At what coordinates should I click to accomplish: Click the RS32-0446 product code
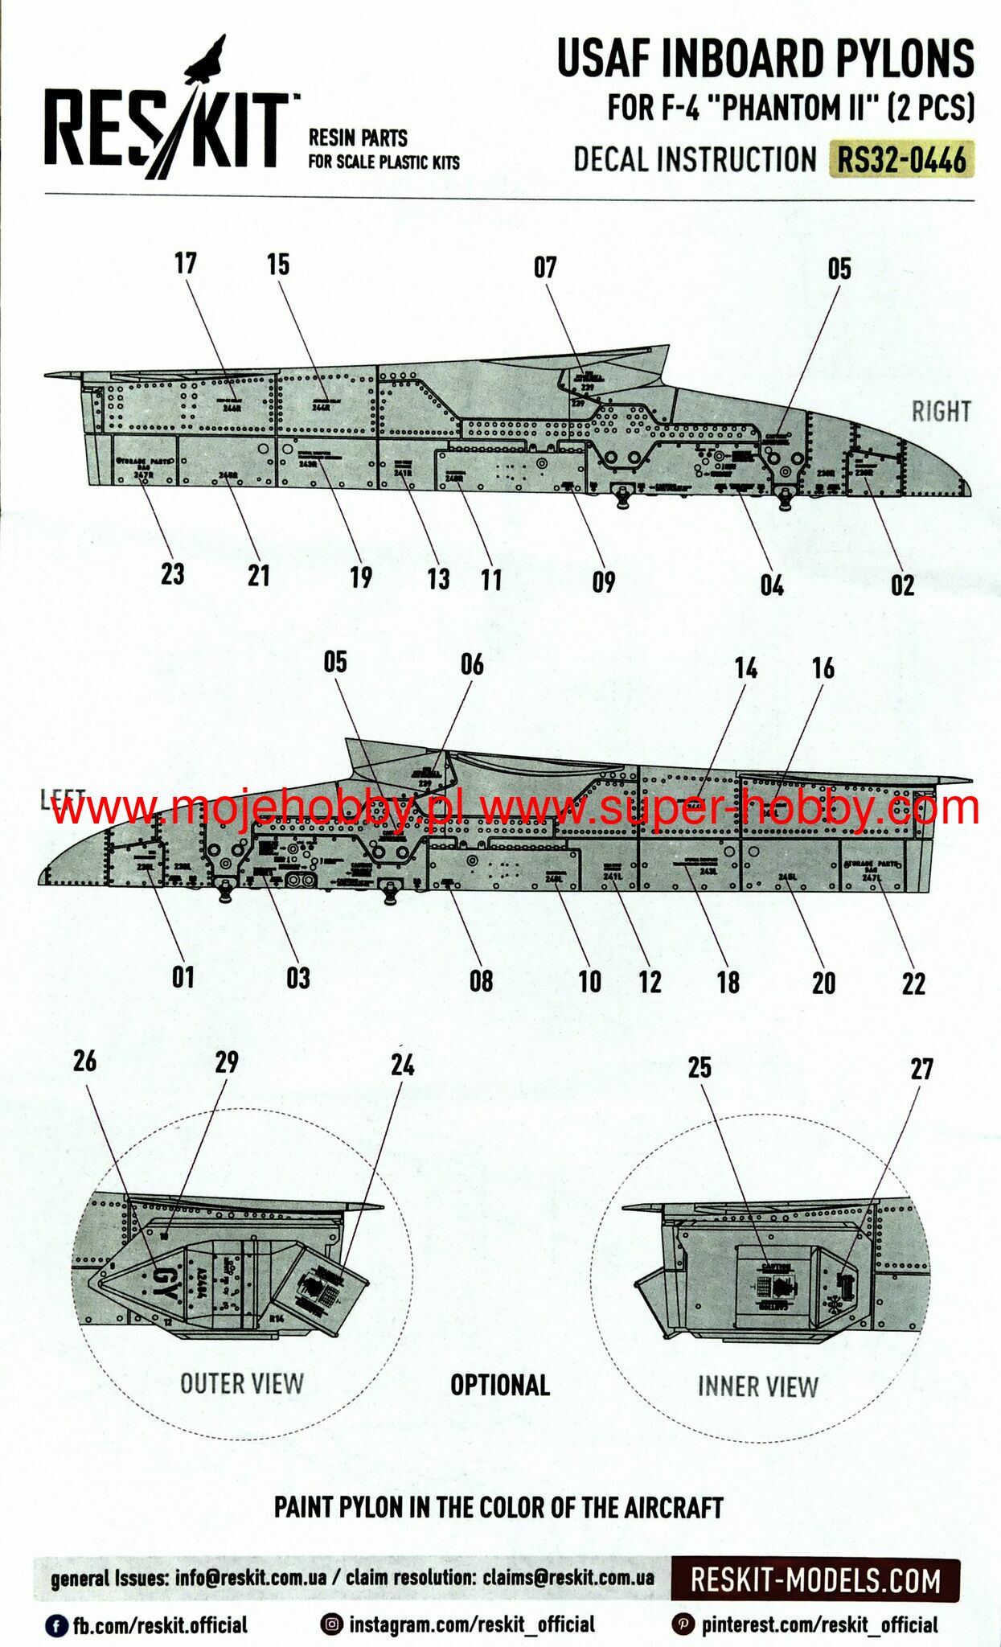coord(901,159)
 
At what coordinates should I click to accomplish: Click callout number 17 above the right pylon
coord(186,263)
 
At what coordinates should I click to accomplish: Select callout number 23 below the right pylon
coord(172,574)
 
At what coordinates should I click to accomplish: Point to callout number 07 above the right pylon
coord(545,267)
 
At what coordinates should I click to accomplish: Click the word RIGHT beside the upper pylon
coord(941,412)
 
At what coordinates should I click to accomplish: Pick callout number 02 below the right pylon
coord(902,585)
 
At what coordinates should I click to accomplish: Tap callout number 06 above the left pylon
coord(472,664)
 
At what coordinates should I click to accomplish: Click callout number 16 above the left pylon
coord(823,667)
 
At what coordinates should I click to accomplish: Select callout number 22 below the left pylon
coord(913,983)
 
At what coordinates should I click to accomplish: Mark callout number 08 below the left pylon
coord(481,980)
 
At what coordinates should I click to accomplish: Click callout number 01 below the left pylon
coord(183,977)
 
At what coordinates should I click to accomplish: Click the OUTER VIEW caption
coord(242,1383)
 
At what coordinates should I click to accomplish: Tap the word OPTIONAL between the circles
coord(500,1385)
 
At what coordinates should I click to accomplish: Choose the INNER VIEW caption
coord(757,1386)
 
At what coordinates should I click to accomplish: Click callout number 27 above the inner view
coord(921,1069)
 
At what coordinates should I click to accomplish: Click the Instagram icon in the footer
coord(331,1624)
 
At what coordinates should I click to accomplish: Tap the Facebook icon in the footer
coord(55,1625)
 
